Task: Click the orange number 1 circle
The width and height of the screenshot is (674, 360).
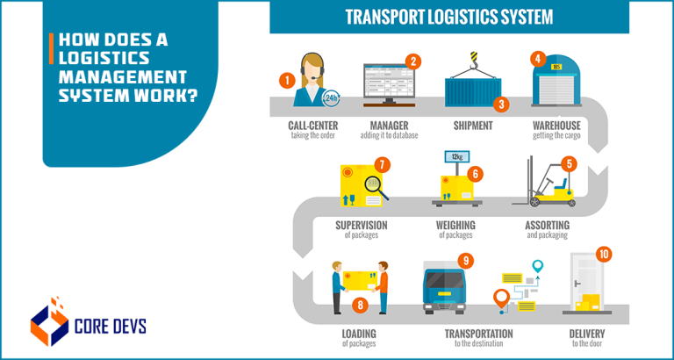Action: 285,80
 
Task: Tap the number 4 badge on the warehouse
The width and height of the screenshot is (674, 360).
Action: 537,60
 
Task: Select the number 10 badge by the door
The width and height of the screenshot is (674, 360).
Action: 604,255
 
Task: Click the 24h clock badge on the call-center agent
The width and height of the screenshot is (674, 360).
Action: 332,97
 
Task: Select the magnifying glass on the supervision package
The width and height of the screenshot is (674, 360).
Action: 375,185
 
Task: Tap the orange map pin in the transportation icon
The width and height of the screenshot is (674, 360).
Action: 503,299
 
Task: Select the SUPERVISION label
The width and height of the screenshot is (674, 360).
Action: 361,226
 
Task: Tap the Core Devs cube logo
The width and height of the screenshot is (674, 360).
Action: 49,322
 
